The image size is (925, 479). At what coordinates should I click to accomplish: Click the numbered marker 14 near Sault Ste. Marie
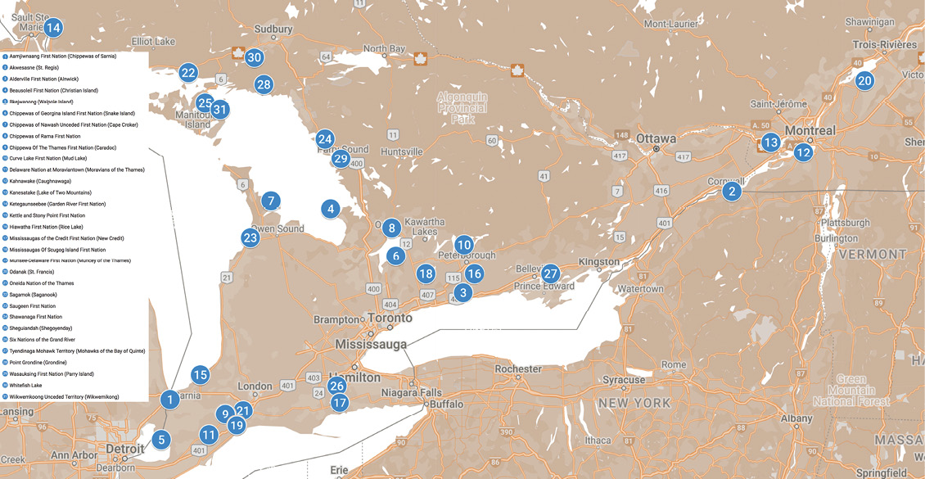(x=53, y=28)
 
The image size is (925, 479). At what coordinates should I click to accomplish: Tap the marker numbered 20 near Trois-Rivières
(x=864, y=80)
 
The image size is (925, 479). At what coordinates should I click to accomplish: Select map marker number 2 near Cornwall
(x=731, y=192)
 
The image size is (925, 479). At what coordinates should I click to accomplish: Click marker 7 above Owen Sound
(x=270, y=201)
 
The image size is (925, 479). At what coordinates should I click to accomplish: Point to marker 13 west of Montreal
(x=770, y=142)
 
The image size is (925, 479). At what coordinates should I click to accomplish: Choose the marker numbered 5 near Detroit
(x=161, y=440)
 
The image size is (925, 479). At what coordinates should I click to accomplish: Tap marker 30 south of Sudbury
(x=254, y=57)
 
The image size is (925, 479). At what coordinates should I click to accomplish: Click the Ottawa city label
(x=657, y=138)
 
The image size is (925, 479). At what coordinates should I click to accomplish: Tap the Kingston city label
(x=599, y=262)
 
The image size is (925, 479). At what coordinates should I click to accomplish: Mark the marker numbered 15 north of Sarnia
(x=201, y=375)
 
